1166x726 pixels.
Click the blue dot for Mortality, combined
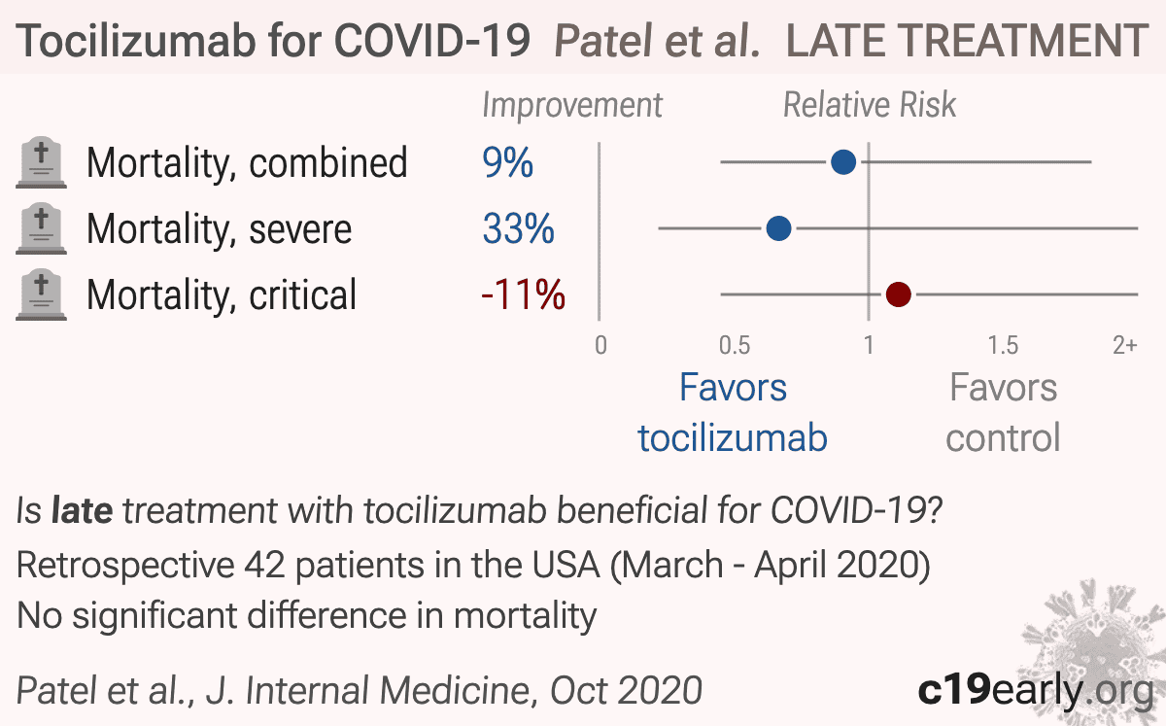(x=843, y=162)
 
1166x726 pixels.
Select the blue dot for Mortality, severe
(x=778, y=228)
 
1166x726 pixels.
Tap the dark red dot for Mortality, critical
(x=899, y=294)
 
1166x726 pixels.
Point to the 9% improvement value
(x=507, y=162)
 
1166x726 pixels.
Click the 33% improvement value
(x=519, y=228)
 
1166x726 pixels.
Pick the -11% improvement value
(x=523, y=294)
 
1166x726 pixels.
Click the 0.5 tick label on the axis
(x=735, y=345)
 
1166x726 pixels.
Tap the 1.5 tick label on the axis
(x=1003, y=345)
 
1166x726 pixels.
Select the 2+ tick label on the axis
(x=1125, y=345)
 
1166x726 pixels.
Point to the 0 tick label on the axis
(x=600, y=345)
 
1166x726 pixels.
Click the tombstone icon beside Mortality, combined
(x=41, y=162)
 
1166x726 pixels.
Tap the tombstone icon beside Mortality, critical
(x=41, y=294)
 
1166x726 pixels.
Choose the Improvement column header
(x=572, y=106)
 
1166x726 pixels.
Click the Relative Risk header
(x=870, y=105)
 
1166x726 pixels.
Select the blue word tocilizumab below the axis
(x=733, y=438)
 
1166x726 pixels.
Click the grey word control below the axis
(x=1003, y=438)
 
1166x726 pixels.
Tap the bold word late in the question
(x=83, y=510)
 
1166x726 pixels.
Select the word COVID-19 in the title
(x=431, y=40)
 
